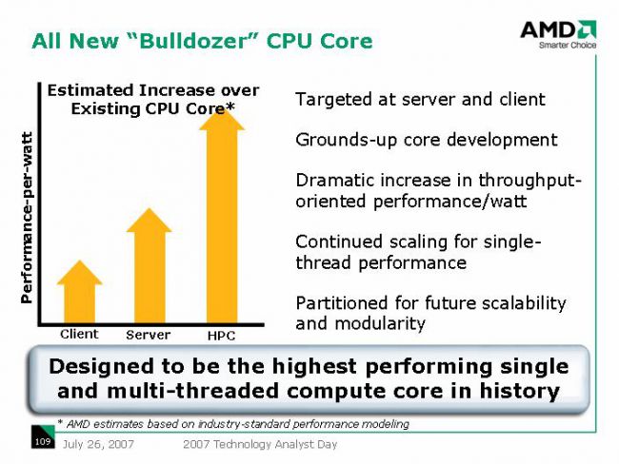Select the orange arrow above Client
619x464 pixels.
(x=79, y=292)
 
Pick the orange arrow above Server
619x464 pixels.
(x=149, y=265)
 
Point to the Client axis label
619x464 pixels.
(x=79, y=335)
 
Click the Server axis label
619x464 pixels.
(x=148, y=335)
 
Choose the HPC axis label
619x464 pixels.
(x=221, y=336)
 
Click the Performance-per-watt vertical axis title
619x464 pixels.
(x=27, y=218)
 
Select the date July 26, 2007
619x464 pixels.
(x=98, y=444)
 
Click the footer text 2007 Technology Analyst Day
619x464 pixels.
(x=260, y=444)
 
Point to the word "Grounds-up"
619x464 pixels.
(x=347, y=141)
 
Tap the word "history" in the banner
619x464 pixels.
(x=520, y=391)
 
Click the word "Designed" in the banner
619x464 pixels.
(x=102, y=367)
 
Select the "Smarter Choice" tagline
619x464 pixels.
(x=568, y=45)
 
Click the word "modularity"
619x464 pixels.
(x=380, y=323)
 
